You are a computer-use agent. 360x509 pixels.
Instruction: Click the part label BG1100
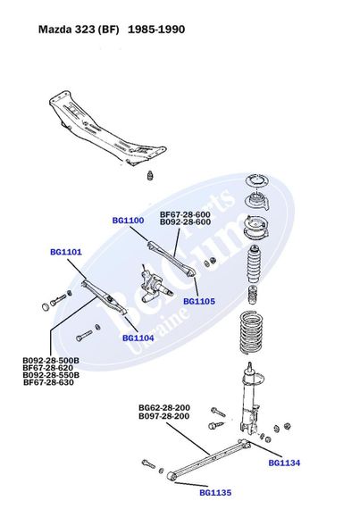pyautogui.click(x=127, y=220)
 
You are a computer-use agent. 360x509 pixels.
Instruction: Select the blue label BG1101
pyautogui.click(x=66, y=252)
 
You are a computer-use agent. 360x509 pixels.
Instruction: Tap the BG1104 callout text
pyautogui.click(x=138, y=338)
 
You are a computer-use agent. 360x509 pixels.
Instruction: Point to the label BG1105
pyautogui.click(x=198, y=302)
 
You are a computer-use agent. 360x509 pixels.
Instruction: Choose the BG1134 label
pyautogui.click(x=284, y=463)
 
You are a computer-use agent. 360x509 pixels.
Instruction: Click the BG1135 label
pyautogui.click(x=215, y=492)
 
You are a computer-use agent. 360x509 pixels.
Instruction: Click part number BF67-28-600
pyautogui.click(x=185, y=214)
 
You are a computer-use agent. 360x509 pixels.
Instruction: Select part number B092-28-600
pyautogui.click(x=185, y=222)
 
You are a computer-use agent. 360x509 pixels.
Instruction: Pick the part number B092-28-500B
pyautogui.click(x=51, y=360)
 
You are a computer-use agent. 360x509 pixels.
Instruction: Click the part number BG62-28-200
pyautogui.click(x=163, y=408)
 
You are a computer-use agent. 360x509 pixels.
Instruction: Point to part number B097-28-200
pyautogui.click(x=163, y=416)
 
